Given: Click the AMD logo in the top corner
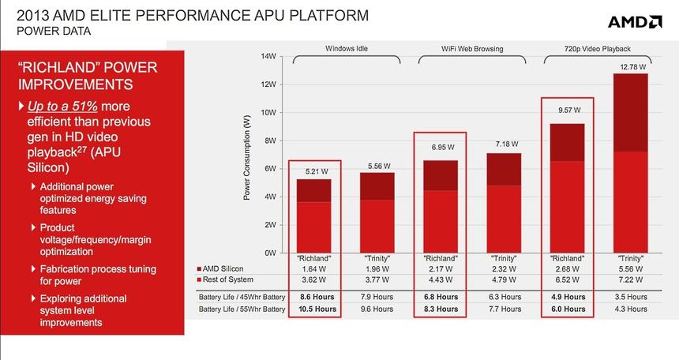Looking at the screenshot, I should (635, 21).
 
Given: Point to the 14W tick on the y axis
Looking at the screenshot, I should (268, 57).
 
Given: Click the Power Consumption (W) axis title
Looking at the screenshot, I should (247, 155).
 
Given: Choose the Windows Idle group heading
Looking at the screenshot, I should (347, 49).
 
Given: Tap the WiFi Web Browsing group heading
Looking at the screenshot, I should (472, 49).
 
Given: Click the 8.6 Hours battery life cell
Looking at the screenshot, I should (314, 297).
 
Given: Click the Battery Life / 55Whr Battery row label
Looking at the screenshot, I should (241, 309).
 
